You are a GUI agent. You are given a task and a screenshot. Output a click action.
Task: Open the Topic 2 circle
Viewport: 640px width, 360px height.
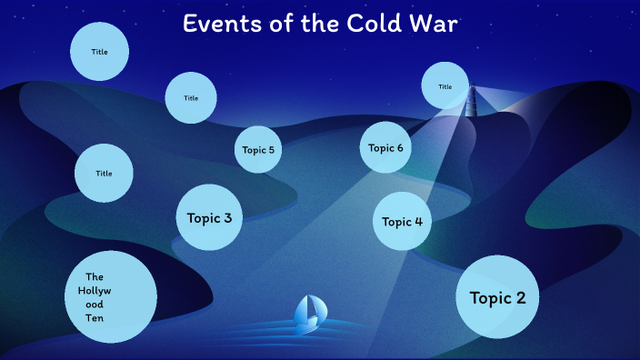coord(497,297)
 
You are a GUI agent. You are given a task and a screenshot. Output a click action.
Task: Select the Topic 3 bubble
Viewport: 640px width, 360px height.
coord(209,217)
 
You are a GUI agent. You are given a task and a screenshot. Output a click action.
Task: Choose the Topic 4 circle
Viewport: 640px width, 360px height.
coord(402,221)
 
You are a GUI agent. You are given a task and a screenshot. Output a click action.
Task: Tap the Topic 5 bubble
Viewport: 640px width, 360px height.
coord(258,150)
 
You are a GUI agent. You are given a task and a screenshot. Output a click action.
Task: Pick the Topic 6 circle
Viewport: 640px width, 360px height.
coord(385,147)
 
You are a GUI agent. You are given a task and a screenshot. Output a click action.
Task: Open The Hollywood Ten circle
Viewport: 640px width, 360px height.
coord(112,297)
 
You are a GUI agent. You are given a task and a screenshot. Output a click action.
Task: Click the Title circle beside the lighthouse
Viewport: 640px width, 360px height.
coord(445,86)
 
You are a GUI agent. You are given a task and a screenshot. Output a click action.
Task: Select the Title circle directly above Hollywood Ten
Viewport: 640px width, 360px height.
coord(104,173)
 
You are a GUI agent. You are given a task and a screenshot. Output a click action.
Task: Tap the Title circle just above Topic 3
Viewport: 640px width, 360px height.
coord(191,97)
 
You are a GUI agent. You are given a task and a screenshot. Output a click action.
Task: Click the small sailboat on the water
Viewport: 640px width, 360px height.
coord(309,312)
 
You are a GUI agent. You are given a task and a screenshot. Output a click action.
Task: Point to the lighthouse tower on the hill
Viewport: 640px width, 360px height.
coord(471,101)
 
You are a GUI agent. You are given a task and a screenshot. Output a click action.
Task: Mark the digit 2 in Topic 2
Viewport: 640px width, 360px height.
coord(521,297)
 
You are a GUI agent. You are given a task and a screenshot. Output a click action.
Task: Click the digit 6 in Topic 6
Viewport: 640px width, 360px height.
coord(399,147)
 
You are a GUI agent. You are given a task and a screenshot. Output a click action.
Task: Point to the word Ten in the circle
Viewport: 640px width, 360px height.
coord(95,318)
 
